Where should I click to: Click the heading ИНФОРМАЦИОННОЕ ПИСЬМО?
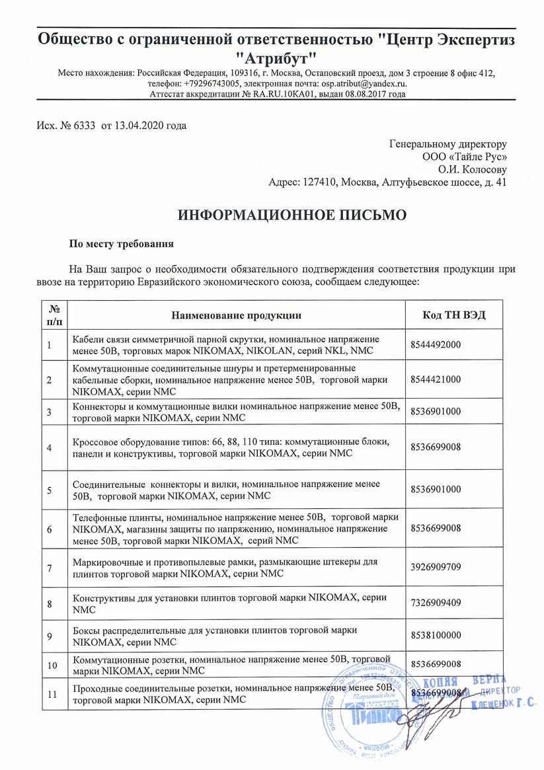click(x=288, y=215)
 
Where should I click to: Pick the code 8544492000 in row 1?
click(x=436, y=344)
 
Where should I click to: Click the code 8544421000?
click(x=436, y=379)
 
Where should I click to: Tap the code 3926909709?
click(x=436, y=567)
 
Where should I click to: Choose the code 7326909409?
click(x=436, y=603)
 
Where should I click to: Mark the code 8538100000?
click(x=436, y=635)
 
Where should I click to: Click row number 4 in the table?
click(x=49, y=447)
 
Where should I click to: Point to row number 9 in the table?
click(x=49, y=635)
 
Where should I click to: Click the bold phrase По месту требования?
click(x=122, y=243)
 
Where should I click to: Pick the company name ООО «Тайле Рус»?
click(x=465, y=157)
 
